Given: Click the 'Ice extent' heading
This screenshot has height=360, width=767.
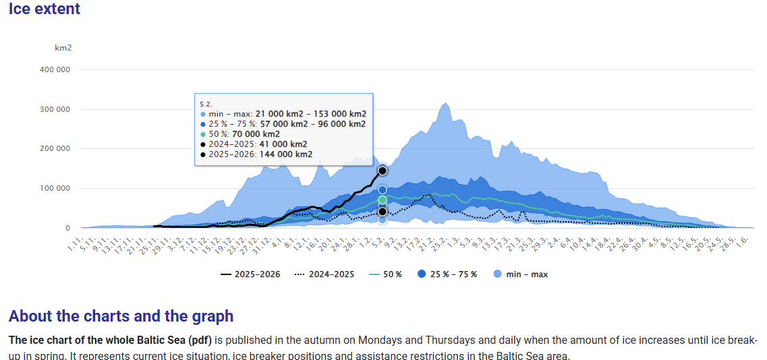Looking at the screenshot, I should pos(44,9).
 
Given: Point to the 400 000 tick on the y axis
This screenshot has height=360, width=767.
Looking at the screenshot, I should pos(55,69).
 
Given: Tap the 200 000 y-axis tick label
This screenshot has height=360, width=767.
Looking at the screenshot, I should pos(55,148).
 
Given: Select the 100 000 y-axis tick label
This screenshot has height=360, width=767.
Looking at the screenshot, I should pos(55,188).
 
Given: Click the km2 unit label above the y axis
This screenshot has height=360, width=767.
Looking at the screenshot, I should pos(63,48).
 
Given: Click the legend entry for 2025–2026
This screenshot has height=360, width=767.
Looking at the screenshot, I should pos(250,274).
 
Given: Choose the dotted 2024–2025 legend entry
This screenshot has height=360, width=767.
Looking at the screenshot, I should pos(325,274).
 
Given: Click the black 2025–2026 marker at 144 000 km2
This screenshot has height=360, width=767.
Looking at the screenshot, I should pos(382,171).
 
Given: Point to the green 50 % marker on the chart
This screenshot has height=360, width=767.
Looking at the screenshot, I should pos(382,200).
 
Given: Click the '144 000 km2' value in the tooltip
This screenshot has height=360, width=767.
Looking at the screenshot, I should pos(285,154).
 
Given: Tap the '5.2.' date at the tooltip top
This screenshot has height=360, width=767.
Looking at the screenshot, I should pos(206,104).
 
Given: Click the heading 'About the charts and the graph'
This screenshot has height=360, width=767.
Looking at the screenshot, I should pos(121,316).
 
